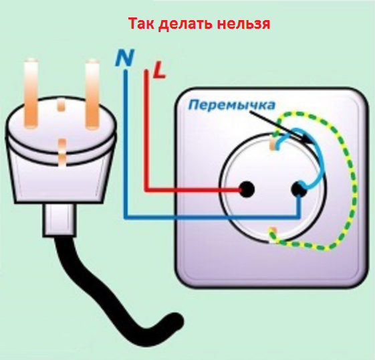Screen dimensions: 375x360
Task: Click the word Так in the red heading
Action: [x=141, y=23]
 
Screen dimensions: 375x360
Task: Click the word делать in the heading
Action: [x=186, y=24]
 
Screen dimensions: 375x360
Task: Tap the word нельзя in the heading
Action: [x=243, y=23]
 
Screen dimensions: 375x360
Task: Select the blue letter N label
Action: [x=124, y=58]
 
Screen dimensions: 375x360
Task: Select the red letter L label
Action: [x=159, y=70]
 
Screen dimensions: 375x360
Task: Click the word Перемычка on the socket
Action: [x=232, y=105]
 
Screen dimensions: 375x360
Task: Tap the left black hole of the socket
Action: [x=247, y=189]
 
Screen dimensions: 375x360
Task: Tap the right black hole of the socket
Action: [x=299, y=189]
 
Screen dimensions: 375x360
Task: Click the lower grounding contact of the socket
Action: [x=273, y=235]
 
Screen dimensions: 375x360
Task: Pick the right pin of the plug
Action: [x=92, y=94]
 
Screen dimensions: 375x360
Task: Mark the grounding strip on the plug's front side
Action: [x=62, y=153]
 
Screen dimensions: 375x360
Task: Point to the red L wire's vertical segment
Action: [x=146, y=129]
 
